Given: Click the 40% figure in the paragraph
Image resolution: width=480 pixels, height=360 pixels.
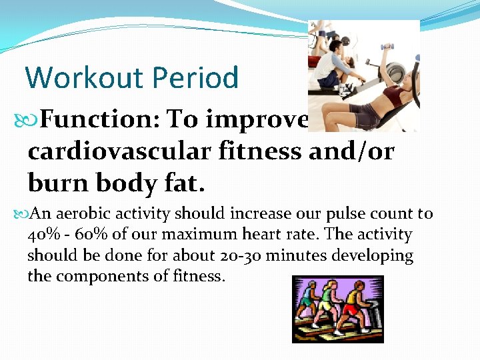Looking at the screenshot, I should [x=41, y=235].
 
